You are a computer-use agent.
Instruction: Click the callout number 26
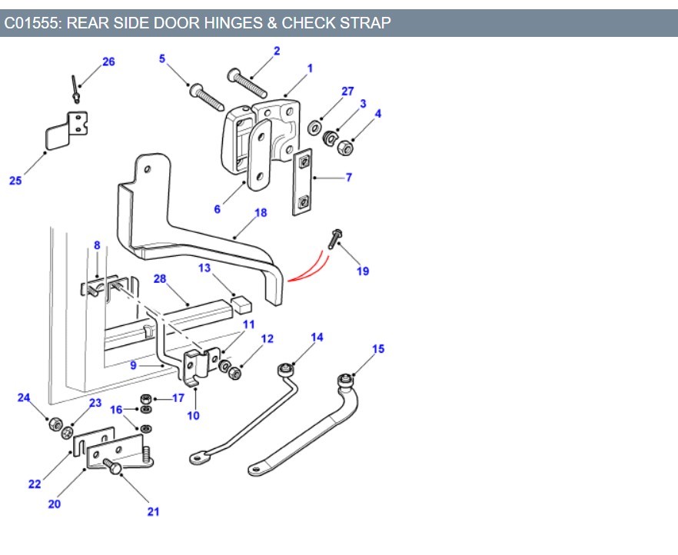click(108, 61)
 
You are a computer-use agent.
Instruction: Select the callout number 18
click(261, 212)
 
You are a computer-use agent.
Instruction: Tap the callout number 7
click(348, 178)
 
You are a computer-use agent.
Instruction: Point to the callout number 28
click(160, 278)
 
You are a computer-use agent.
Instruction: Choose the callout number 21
click(153, 511)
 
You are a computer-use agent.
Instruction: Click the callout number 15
click(378, 349)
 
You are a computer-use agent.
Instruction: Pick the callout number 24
click(24, 398)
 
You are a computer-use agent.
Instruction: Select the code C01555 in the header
click(32, 23)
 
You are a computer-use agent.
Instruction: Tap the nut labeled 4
click(346, 146)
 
